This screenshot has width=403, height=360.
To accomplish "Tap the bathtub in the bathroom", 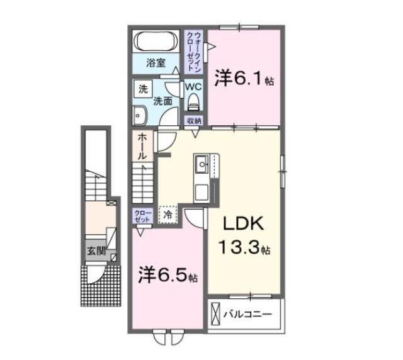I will point(156,42).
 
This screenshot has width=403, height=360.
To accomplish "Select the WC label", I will point(193,87).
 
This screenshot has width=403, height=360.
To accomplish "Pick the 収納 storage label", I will point(193,121).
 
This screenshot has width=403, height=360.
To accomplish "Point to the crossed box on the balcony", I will point(217,313).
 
